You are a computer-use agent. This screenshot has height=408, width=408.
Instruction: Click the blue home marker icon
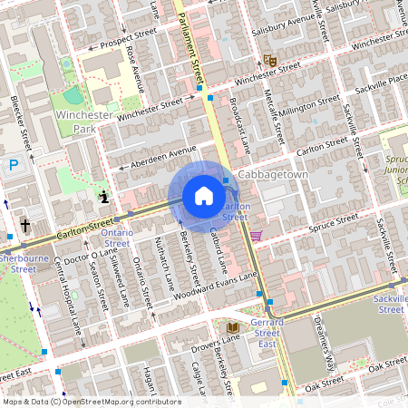204,196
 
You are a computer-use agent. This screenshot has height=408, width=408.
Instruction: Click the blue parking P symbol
14,164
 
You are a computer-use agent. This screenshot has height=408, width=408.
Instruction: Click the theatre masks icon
268,60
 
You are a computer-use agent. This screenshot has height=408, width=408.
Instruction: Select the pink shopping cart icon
257,236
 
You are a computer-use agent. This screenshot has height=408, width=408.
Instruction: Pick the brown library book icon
232,326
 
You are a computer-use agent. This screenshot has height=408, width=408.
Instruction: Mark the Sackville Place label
374,79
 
